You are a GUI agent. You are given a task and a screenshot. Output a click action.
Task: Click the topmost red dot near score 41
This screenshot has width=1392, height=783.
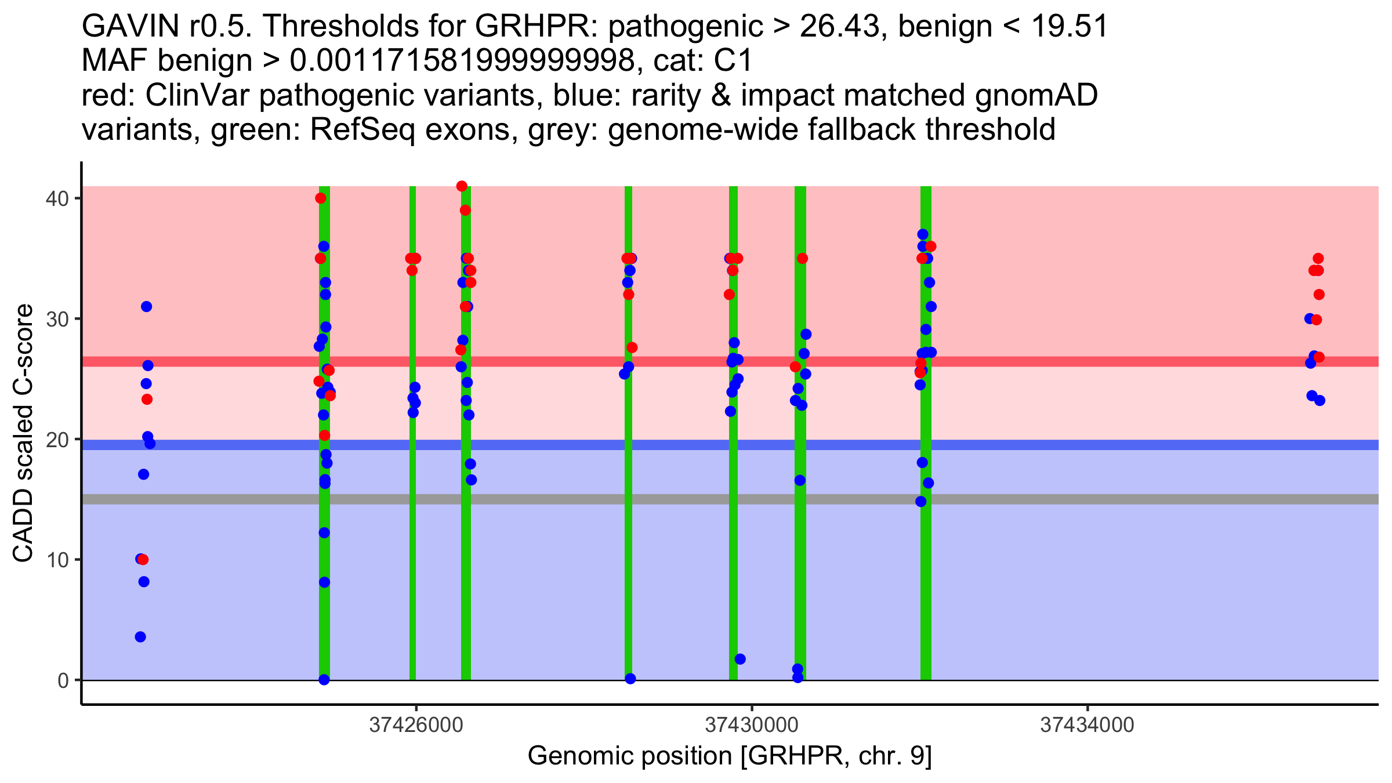click(x=462, y=186)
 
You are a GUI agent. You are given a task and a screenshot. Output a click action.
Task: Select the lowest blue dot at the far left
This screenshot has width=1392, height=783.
click(x=140, y=637)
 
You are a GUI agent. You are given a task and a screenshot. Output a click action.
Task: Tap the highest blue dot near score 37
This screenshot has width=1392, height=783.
click(x=923, y=234)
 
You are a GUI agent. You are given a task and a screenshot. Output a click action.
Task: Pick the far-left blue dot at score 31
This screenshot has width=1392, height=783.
click(x=146, y=306)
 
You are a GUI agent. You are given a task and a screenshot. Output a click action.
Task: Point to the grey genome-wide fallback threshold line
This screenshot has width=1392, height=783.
click(x=580, y=499)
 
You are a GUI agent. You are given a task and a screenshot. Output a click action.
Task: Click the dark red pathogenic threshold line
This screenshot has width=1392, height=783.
click(x=580, y=361)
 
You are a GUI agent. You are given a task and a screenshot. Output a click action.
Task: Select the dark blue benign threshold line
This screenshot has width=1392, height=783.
click(x=580, y=445)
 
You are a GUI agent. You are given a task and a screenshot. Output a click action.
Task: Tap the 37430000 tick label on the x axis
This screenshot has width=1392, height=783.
click(x=752, y=725)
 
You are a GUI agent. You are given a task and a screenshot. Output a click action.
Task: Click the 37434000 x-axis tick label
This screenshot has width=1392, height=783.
click(x=1087, y=725)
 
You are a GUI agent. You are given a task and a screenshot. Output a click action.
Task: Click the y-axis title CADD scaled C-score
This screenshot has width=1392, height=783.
click(x=23, y=435)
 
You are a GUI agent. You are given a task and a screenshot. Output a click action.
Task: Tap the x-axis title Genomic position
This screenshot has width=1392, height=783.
click(x=730, y=756)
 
